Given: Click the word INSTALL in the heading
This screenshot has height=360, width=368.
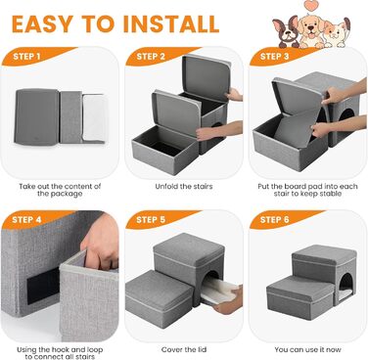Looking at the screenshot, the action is click(x=171, y=23).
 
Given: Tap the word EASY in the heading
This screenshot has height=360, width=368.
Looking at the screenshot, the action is click(x=42, y=23).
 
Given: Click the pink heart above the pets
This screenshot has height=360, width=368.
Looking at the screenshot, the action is click(x=312, y=5).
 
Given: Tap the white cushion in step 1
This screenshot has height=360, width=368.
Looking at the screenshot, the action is click(x=94, y=117).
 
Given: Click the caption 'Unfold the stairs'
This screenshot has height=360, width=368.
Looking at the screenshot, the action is click(x=184, y=187).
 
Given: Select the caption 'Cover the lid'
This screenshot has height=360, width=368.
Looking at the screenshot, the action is click(x=184, y=349).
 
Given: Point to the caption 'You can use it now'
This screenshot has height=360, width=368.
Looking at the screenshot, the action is click(x=307, y=349).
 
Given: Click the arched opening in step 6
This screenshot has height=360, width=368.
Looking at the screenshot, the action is click(x=345, y=287).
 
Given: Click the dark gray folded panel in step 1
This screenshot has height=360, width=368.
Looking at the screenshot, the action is click(x=36, y=116).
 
